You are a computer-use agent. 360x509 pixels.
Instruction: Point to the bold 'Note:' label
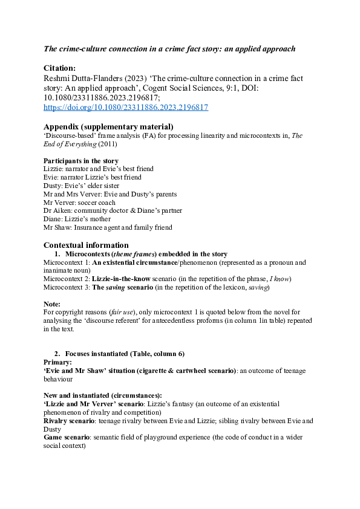click(53, 304)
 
